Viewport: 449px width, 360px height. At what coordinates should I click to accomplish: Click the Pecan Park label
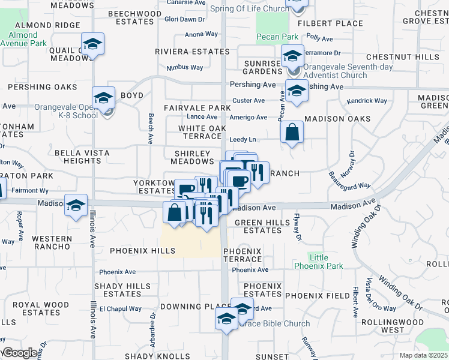[x=277, y=37]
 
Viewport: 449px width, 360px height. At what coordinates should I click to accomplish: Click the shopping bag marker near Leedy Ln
[x=291, y=133]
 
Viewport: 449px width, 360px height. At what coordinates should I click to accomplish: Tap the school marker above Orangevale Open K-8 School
[x=103, y=98]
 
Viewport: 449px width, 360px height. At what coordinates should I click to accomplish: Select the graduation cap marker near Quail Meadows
[x=92, y=44]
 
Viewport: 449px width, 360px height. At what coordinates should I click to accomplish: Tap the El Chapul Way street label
[x=120, y=309]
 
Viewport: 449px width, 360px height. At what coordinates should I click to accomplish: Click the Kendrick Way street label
[x=367, y=101]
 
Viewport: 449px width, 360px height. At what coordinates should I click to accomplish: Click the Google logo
[x=20, y=353]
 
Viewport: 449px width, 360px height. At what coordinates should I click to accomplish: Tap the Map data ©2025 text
[x=423, y=355]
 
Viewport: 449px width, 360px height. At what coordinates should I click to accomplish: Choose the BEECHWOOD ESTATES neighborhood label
[x=131, y=17]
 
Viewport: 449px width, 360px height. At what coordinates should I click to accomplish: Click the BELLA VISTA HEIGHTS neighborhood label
[x=80, y=157]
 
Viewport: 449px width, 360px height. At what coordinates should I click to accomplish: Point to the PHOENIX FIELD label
[x=318, y=296]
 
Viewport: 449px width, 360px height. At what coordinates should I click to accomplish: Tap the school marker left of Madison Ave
[x=76, y=205]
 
